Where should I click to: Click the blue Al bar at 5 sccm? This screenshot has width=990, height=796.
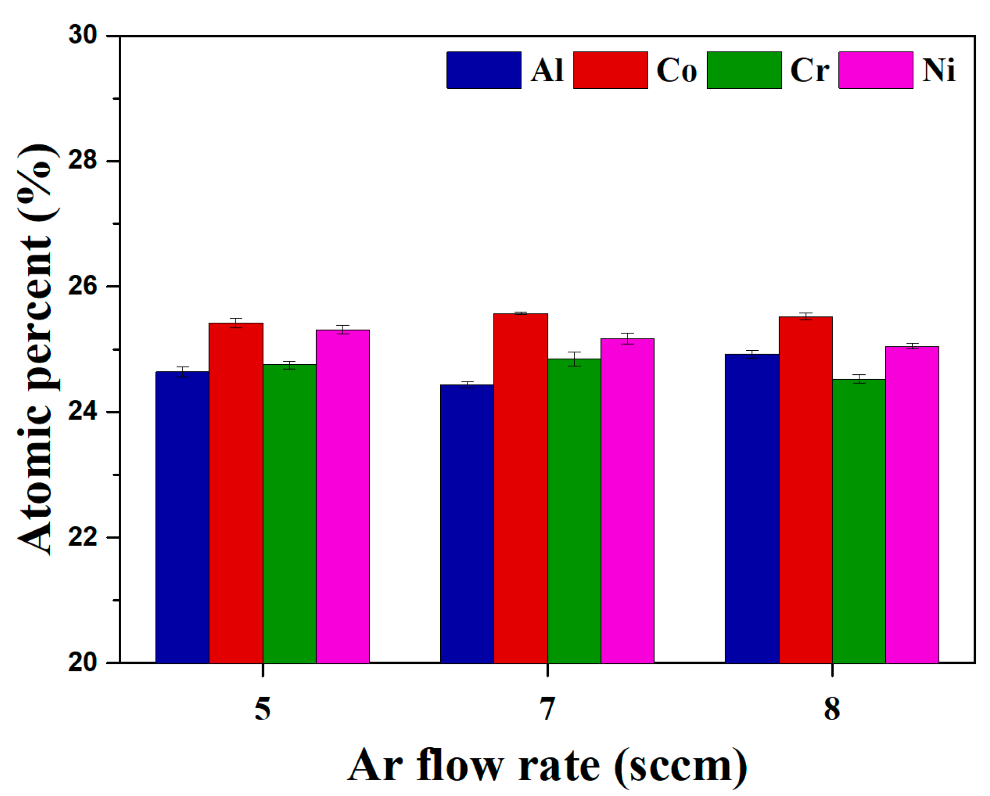pyautogui.click(x=182, y=516)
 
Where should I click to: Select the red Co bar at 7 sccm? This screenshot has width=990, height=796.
pyautogui.click(x=520, y=487)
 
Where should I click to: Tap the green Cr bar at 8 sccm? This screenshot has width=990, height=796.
pyautogui.click(x=859, y=521)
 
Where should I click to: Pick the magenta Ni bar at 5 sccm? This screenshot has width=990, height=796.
pyautogui.click(x=343, y=497)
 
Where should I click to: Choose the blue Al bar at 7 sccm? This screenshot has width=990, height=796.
pyautogui.click(x=467, y=523)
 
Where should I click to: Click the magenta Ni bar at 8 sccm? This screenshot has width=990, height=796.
pyautogui.click(x=912, y=504)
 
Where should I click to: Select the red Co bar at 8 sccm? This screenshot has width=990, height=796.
pyautogui.click(x=806, y=490)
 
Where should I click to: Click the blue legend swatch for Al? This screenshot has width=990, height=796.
pyautogui.click(x=484, y=70)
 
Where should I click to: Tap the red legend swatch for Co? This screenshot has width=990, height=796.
pyautogui.click(x=610, y=70)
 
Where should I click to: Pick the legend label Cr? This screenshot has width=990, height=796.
pyautogui.click(x=809, y=70)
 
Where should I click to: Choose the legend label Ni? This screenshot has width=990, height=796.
pyautogui.click(x=938, y=70)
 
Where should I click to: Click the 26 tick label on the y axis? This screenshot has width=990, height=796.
pyautogui.click(x=83, y=286)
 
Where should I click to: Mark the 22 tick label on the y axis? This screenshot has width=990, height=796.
pyautogui.click(x=83, y=537)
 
